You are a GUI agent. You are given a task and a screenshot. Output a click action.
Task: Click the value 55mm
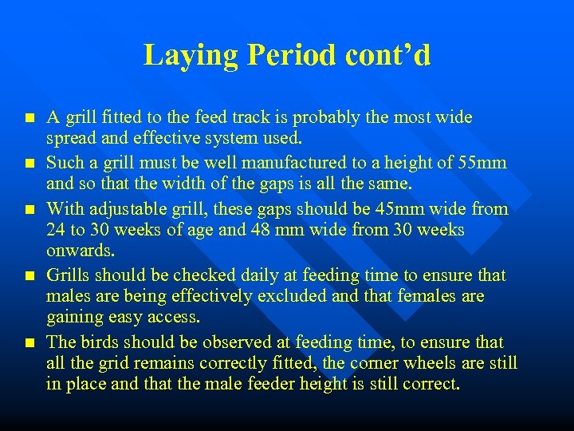coord(482,163)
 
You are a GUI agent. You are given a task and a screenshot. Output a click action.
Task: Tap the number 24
coord(57,230)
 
